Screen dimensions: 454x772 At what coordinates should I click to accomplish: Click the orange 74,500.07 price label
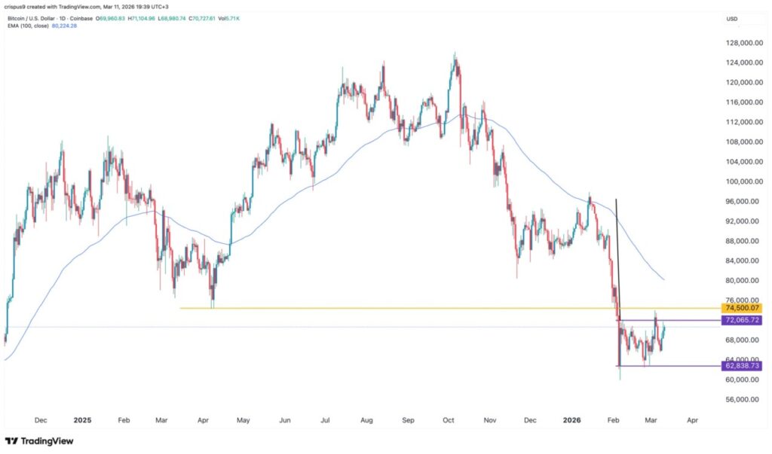point(742,308)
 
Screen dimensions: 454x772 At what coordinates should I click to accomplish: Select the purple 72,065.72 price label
point(742,320)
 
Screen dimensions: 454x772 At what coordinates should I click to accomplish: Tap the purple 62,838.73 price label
point(742,366)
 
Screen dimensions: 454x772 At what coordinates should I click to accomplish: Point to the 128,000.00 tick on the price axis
point(742,43)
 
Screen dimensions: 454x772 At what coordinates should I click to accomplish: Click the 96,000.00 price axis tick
point(742,201)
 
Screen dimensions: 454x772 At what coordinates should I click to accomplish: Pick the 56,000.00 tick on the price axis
point(742,399)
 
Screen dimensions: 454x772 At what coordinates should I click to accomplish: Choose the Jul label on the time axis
point(326,420)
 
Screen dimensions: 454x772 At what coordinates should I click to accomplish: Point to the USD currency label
point(731,19)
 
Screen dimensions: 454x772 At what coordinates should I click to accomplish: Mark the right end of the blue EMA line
point(663,279)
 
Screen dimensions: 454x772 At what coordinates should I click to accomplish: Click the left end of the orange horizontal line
point(179,308)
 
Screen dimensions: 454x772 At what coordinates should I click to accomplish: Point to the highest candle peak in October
point(455,53)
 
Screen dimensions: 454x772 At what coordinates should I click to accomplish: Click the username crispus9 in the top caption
point(18,7)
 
